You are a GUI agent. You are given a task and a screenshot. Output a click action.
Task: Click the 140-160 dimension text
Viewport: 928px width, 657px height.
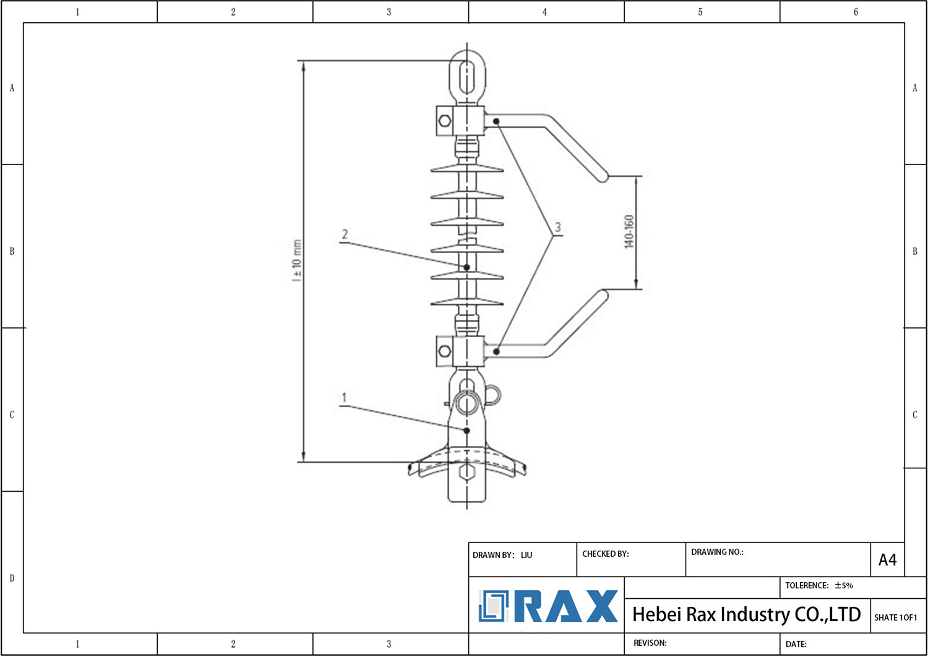tap(629, 231)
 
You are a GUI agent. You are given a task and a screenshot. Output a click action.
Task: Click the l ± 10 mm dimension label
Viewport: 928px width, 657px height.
tap(297, 260)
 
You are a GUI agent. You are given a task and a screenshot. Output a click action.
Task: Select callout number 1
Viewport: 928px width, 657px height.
tap(344, 398)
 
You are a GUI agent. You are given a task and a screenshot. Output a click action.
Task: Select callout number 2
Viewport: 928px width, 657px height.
tap(345, 234)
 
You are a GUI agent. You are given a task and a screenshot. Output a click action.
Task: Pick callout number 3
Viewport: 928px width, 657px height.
tap(557, 227)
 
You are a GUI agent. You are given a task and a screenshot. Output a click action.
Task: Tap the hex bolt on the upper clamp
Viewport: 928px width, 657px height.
tap(444, 120)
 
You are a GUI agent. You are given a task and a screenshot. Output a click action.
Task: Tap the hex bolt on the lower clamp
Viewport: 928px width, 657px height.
tap(444, 351)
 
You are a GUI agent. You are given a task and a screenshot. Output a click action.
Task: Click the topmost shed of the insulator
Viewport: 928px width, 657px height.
tap(467, 168)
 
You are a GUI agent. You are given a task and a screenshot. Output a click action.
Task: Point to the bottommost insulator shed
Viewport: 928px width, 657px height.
tap(467, 303)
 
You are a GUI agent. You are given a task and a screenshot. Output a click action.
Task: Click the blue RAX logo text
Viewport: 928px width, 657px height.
tap(565, 606)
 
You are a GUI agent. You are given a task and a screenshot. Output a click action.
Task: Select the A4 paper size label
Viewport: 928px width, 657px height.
tap(887, 560)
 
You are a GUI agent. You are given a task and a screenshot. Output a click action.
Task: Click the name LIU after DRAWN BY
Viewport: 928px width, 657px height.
tap(526, 555)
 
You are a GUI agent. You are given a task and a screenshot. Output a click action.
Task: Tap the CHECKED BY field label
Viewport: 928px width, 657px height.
tap(605, 554)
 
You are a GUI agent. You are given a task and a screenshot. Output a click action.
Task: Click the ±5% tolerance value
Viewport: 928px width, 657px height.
tap(844, 585)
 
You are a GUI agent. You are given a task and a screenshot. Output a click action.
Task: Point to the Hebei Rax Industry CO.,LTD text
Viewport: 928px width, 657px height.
tap(746, 614)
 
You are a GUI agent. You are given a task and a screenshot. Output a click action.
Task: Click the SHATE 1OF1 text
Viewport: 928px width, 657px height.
tap(895, 617)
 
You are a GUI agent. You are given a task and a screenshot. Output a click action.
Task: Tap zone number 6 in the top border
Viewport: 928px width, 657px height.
tap(856, 12)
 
